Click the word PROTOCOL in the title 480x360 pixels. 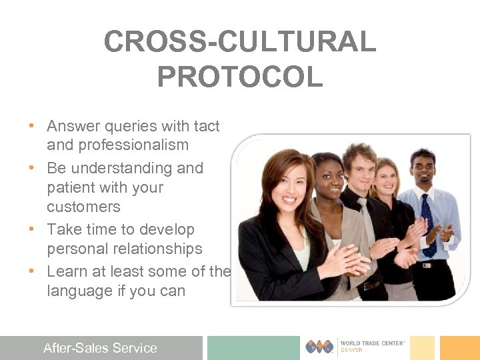[x=240, y=77]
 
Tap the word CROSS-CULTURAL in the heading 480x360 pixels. [x=240, y=42]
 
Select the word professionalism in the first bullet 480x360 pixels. [x=117, y=145]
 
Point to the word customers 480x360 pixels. [x=83, y=207]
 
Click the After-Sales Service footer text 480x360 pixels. [x=100, y=348]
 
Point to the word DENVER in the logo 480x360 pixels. [x=351, y=351]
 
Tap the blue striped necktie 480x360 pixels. [x=427, y=223]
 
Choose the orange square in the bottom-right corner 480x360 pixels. [x=459, y=347]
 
